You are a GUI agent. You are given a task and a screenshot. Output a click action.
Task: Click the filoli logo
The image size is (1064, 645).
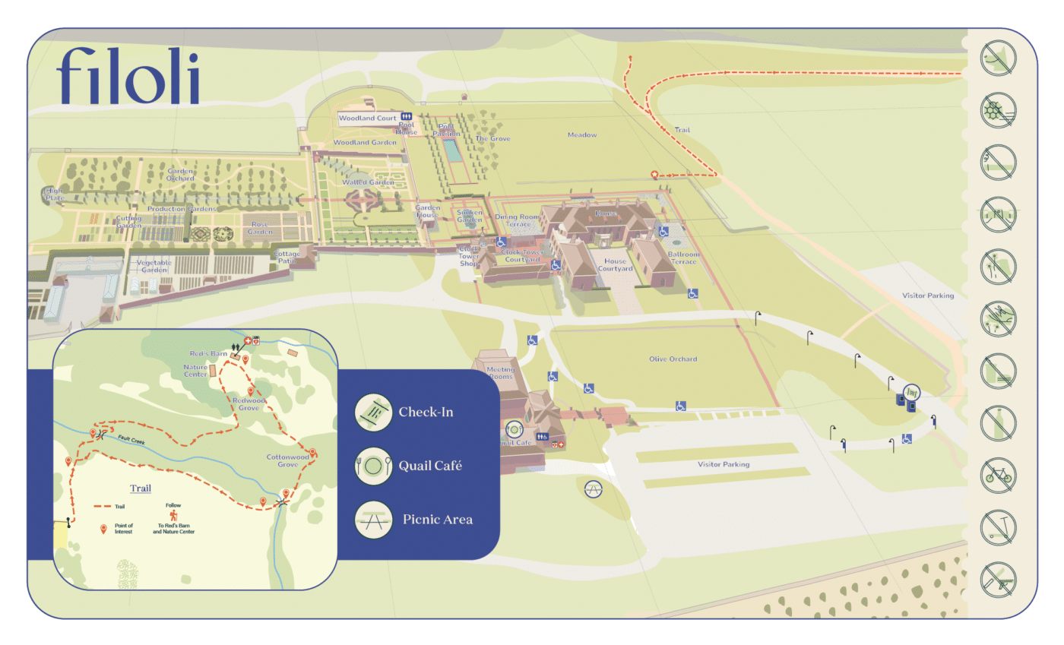point(128,76)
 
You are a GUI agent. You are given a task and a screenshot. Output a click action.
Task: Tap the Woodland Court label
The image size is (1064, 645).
point(357,119)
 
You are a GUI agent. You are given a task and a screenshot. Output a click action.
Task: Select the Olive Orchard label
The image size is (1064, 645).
point(673,359)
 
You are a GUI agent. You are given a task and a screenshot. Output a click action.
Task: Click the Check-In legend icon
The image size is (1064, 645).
point(373,413)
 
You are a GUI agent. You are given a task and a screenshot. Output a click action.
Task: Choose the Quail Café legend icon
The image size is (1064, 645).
point(373,466)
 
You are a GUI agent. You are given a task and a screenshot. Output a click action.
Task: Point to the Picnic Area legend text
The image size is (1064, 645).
point(437,520)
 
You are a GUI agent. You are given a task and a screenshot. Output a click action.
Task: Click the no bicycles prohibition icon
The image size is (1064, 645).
point(997,475)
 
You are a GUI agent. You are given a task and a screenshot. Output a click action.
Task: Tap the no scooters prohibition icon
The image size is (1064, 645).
point(997,526)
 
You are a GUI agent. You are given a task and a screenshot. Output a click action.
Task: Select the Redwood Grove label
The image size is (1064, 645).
point(249,404)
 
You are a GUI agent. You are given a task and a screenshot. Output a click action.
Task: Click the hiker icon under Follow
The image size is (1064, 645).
point(183,515)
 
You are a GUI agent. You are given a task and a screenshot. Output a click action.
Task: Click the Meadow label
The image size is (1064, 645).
point(582,135)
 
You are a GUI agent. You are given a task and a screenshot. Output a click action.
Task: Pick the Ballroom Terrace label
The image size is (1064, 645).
point(682,258)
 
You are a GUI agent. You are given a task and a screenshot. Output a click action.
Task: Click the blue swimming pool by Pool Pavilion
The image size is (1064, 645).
point(451,150)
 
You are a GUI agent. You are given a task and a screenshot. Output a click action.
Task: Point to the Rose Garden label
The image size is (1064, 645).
point(260,228)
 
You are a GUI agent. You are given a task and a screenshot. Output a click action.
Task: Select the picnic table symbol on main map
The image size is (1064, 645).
point(593,490)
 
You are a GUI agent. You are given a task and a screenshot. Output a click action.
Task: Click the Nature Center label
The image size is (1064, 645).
point(195,371)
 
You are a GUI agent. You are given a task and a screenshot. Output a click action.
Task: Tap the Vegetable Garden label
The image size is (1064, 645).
point(154,266)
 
